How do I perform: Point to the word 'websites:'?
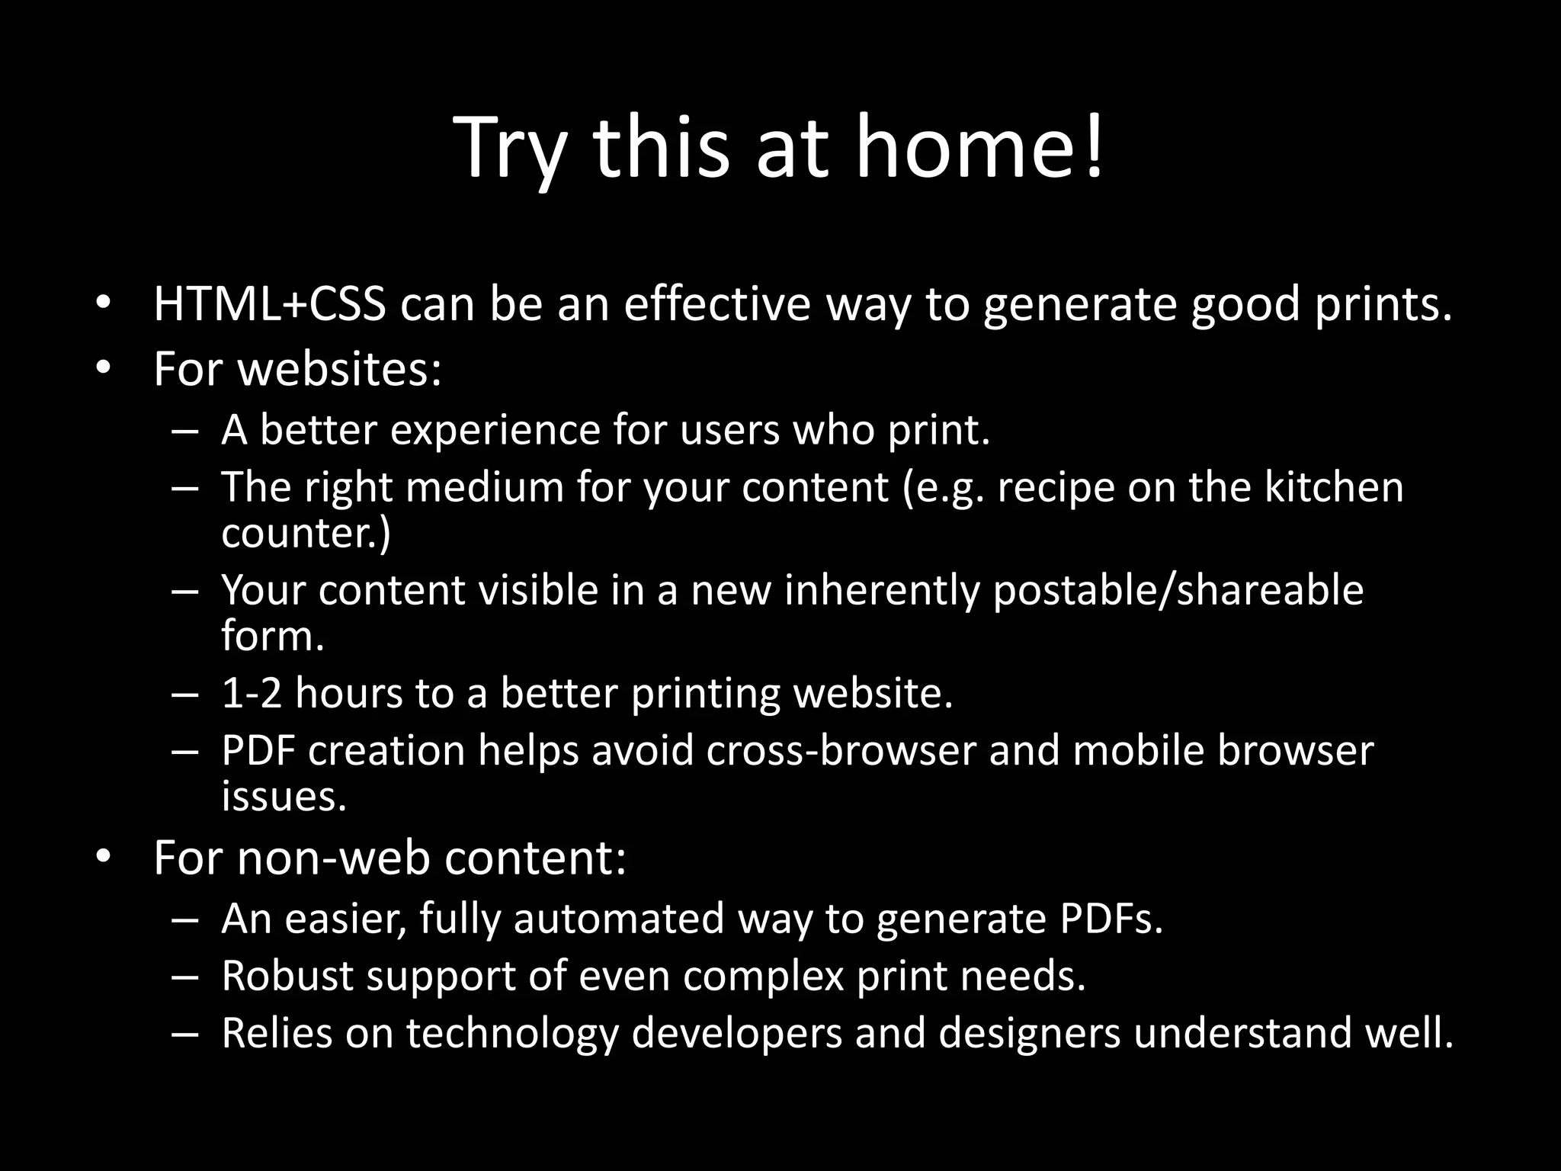point(340,369)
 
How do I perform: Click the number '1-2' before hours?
point(252,693)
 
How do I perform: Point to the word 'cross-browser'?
point(841,750)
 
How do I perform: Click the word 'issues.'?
point(284,796)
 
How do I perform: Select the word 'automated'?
point(618,918)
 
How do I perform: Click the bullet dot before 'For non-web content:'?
point(104,857)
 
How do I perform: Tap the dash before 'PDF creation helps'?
point(185,751)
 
